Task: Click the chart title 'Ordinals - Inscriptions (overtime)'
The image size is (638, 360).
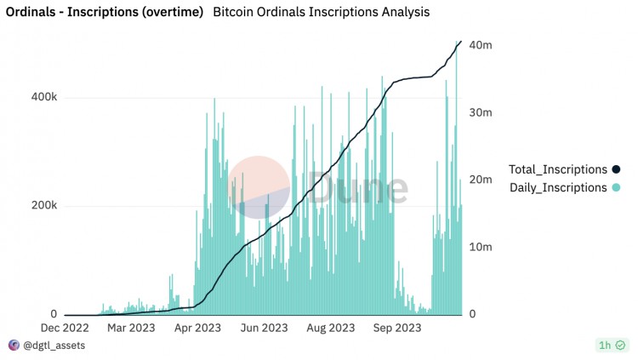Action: pos(105,13)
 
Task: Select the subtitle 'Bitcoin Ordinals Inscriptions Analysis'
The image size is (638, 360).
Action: pos(321,13)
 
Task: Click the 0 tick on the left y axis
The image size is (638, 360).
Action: pos(53,314)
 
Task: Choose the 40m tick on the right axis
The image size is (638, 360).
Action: pos(481,45)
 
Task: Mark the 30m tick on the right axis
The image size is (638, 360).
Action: pos(481,112)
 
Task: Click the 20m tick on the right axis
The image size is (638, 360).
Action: pos(481,180)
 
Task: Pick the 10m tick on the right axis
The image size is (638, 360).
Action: pos(481,247)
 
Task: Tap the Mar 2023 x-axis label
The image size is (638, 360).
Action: pos(129,328)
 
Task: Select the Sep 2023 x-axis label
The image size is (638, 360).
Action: pos(396,328)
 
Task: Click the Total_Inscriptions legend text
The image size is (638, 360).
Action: pos(557,169)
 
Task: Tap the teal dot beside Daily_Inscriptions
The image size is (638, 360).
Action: pos(616,187)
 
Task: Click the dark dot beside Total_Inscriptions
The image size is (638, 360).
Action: pos(616,169)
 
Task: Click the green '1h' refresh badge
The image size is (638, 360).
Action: pos(612,346)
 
